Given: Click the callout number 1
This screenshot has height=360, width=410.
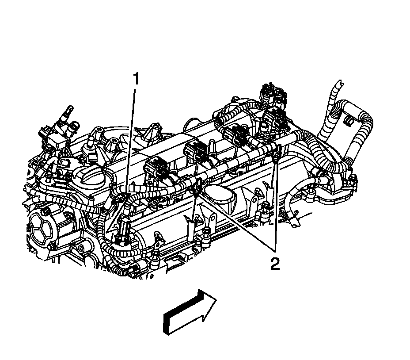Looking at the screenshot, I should (137, 80).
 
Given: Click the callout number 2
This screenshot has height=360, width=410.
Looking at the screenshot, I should (275, 264).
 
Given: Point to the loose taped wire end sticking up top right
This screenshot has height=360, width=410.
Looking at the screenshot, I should (338, 84).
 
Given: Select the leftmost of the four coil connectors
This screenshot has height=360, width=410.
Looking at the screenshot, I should (155, 169).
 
